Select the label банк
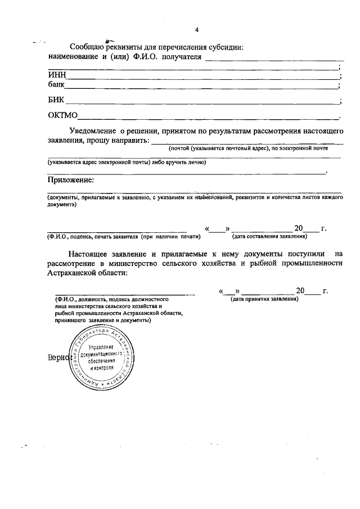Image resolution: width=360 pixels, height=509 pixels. (x=55, y=85)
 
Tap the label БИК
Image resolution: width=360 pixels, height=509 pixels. (x=56, y=101)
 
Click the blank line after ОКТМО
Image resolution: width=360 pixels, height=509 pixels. (x=208, y=118)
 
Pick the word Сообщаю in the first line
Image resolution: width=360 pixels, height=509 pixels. (x=87, y=47)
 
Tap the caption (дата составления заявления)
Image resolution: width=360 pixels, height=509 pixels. (x=269, y=237)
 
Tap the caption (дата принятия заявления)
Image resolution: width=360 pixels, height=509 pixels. (x=265, y=299)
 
